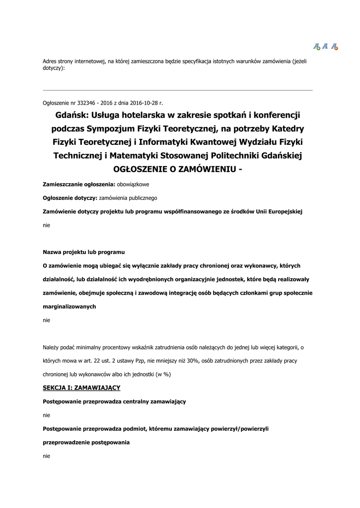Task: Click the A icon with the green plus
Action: pyautogui.click(x=317, y=47)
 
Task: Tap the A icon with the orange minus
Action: pyautogui.click(x=335, y=47)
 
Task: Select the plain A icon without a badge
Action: pyautogui.click(x=325, y=46)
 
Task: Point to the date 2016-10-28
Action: pyautogui.click(x=144, y=103)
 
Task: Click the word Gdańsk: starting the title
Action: pyautogui.click(x=73, y=116)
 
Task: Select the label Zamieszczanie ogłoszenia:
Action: pyautogui.click(x=79, y=184)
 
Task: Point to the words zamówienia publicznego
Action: pyautogui.click(x=128, y=197)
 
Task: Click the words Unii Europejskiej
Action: pyautogui.click(x=280, y=211)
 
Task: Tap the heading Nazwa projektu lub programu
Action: pyautogui.click(x=83, y=252)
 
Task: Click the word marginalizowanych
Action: pyautogui.click(x=70, y=307)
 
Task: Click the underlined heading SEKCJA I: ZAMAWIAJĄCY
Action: pyautogui.click(x=81, y=387)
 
